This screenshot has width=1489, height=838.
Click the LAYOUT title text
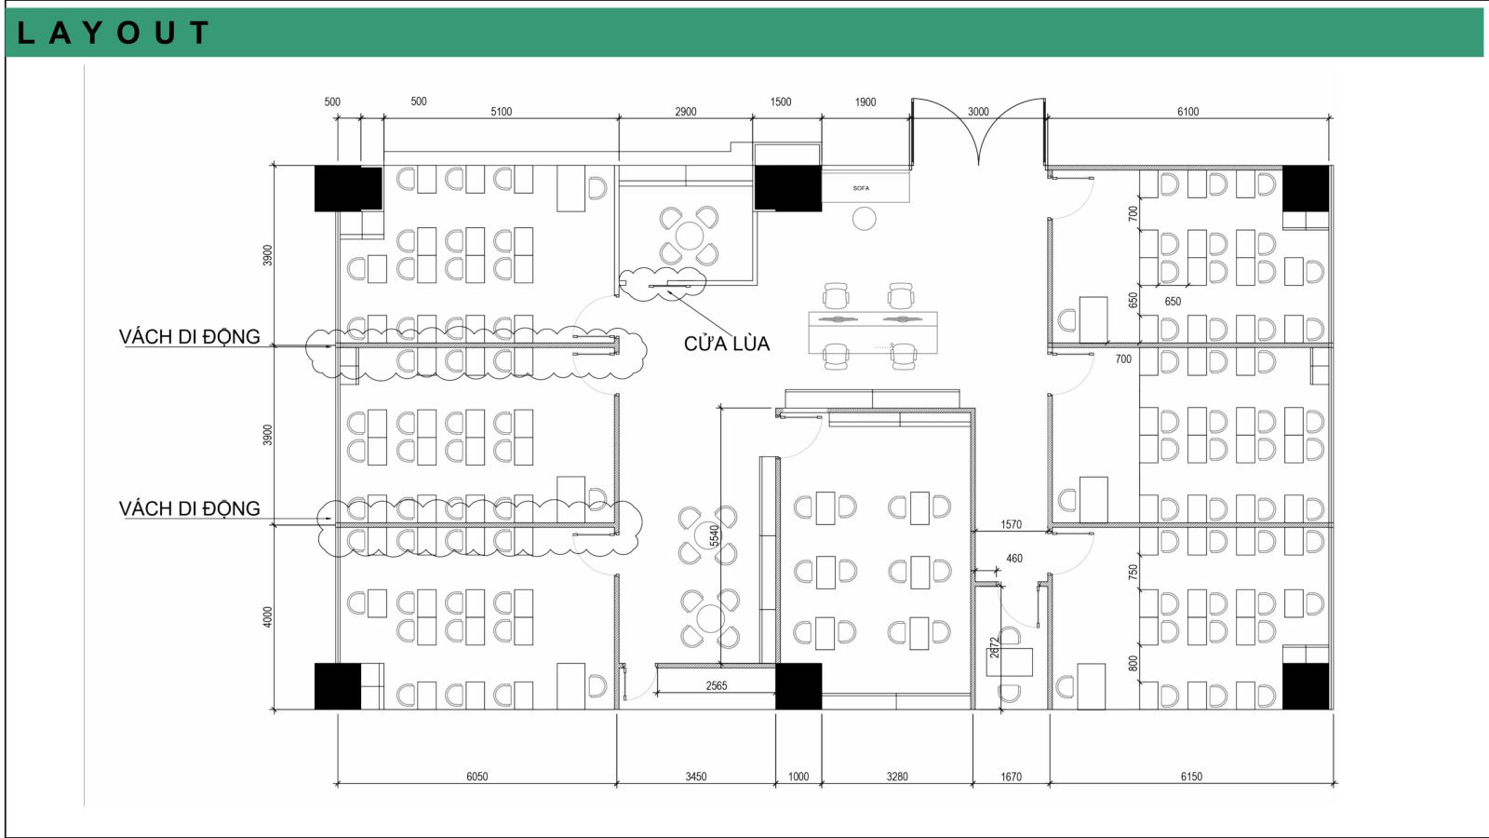pos(113,33)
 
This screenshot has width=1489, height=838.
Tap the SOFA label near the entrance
pos(861,188)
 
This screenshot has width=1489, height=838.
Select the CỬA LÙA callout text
pos(727,344)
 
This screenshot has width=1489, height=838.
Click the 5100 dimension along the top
pos(502,112)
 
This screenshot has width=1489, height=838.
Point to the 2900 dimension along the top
pos(685,112)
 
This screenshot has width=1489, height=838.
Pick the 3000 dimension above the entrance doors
pos(978,112)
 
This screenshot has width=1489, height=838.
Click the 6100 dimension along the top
pos(1187,112)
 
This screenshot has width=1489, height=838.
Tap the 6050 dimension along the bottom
pos(476,777)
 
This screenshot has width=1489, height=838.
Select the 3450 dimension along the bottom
pos(696,777)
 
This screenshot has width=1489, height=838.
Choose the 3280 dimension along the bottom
pos(897,777)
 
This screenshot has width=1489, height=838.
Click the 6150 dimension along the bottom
pos(1191,777)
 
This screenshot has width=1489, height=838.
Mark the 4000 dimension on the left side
pos(268,616)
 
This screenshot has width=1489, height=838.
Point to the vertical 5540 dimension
pos(715,536)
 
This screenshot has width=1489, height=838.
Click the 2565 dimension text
pos(717,685)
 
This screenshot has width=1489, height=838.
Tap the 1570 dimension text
pos(1011,525)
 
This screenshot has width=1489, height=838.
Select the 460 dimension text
pos(1014,559)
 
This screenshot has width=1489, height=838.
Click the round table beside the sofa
pos(865,218)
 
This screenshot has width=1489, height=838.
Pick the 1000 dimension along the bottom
pos(798,777)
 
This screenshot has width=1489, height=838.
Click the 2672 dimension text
pos(995,648)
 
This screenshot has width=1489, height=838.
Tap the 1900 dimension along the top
pos(865,102)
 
